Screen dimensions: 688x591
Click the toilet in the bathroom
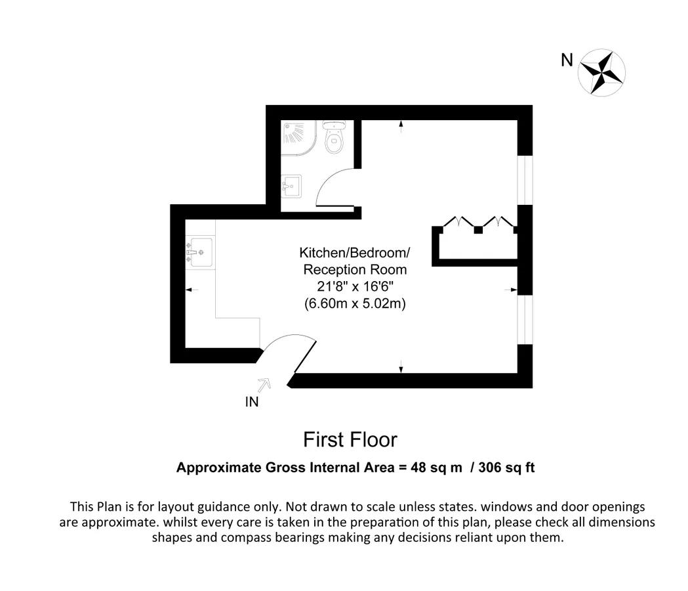(334, 137)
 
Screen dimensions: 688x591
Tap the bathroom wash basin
(291, 186)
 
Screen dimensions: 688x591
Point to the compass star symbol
(601, 72)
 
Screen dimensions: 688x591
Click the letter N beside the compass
(567, 60)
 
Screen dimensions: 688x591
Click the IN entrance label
(252, 402)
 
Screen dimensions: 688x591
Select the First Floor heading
(350, 440)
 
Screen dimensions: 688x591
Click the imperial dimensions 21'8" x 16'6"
(355, 286)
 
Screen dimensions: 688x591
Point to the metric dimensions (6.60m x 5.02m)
(355, 303)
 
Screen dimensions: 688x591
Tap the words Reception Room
(355, 269)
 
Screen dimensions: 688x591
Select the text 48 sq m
(436, 468)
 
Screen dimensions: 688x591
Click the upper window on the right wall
(525, 180)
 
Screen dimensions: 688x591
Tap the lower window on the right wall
(525, 319)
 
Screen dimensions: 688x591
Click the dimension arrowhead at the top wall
(401, 124)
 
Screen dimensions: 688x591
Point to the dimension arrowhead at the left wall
(189, 290)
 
